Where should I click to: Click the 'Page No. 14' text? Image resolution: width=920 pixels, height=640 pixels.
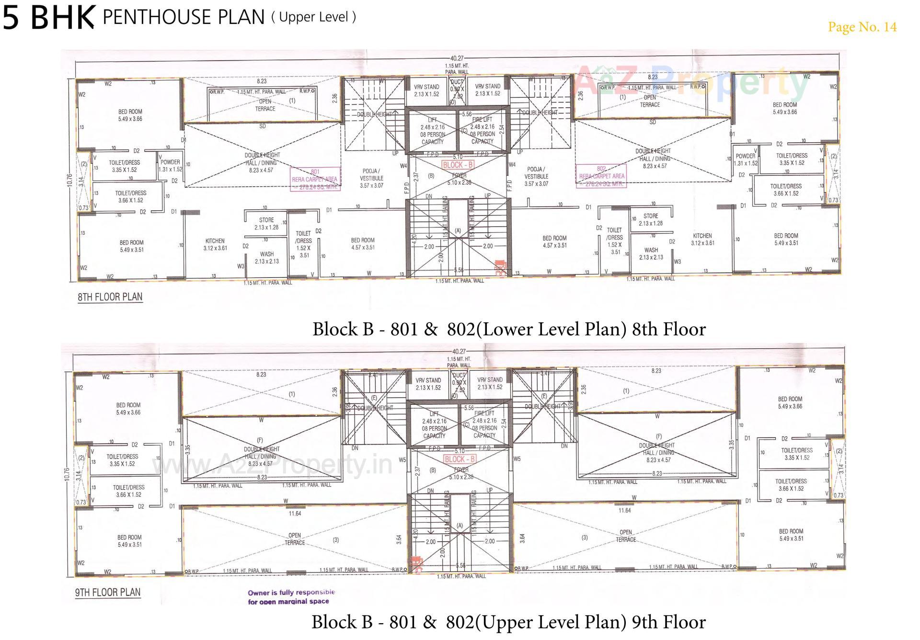[x=862, y=27]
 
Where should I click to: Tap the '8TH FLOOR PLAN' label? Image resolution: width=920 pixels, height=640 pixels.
[x=110, y=297]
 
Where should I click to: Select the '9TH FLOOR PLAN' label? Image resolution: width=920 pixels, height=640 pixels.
[x=108, y=592]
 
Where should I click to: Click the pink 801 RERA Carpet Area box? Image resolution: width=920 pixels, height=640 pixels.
[x=315, y=179]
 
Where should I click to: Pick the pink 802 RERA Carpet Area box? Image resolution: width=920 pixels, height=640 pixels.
[x=601, y=176]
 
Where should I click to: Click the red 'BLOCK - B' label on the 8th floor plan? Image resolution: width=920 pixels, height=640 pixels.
[x=458, y=165]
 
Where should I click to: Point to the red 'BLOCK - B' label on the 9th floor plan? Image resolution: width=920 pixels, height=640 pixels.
[x=460, y=459]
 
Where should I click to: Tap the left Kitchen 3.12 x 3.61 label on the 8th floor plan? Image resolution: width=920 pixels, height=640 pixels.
[x=215, y=244]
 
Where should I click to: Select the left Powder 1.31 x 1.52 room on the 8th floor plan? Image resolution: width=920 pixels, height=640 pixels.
[x=170, y=165]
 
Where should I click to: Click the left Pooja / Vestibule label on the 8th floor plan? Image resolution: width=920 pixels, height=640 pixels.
[x=371, y=178]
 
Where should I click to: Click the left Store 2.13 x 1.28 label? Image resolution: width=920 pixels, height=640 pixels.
[x=266, y=224]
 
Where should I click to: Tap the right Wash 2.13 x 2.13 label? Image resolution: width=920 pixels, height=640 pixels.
[x=651, y=253]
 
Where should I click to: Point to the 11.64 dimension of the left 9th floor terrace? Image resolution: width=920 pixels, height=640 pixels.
[x=295, y=514]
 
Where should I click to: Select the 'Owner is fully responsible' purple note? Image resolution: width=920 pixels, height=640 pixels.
[x=291, y=596]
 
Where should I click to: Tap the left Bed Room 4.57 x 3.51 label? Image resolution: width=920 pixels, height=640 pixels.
[x=363, y=244]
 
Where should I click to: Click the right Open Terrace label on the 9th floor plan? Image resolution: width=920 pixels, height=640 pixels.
[x=626, y=536]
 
